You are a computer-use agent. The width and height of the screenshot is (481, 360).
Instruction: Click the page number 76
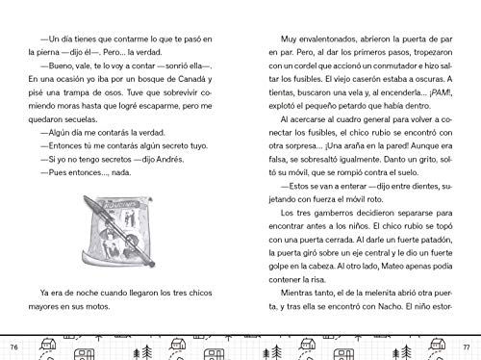13,346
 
